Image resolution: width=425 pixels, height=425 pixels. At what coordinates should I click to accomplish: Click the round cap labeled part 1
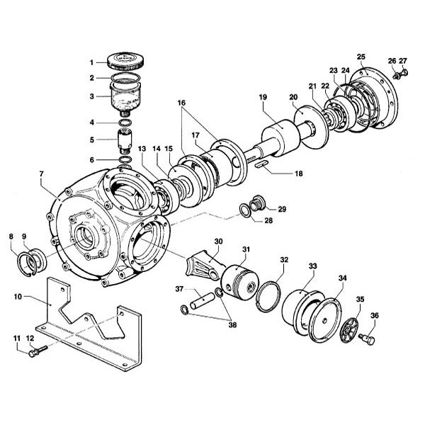[125, 62]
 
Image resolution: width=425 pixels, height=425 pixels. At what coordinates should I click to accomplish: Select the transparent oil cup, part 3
[125, 98]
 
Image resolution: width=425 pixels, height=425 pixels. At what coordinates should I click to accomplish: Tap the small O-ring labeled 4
[125, 123]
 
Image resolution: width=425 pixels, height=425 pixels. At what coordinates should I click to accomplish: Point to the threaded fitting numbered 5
[125, 141]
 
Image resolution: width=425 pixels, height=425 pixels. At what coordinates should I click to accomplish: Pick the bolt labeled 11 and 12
[38, 351]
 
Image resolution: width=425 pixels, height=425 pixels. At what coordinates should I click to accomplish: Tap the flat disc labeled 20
[312, 127]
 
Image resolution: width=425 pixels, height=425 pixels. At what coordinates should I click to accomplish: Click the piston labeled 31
[239, 283]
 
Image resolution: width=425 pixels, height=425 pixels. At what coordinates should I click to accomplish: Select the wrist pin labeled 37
[202, 300]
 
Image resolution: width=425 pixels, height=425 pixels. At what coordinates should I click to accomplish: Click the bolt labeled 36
[368, 339]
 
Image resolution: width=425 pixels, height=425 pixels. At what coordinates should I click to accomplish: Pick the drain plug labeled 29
[259, 203]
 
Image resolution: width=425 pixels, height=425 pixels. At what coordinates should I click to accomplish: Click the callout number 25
[361, 57]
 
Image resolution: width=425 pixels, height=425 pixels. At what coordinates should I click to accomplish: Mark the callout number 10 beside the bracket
[18, 297]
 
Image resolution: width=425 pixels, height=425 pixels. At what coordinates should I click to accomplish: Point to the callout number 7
[41, 174]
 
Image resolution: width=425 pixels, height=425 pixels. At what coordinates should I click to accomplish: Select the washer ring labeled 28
[246, 210]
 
